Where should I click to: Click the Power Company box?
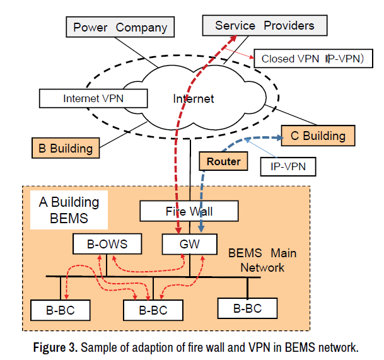pos(120,27)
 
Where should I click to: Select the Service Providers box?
pos(264,25)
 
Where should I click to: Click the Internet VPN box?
pos(93,98)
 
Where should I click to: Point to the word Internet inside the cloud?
pos(194,98)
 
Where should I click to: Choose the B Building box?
pos(66,149)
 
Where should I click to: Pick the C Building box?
pos(318,135)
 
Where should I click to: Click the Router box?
pos(223,161)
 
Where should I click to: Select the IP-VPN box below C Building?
pos(287,166)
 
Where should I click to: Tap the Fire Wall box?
pos(189,211)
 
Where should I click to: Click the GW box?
pos(189,243)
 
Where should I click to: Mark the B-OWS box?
pos(108,243)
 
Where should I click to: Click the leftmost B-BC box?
pos(61,310)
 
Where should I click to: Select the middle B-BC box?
pos(153,310)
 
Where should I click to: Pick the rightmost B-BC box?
pos(247,308)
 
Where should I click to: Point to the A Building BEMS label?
pos(69,210)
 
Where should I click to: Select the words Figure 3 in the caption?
pos(57,347)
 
